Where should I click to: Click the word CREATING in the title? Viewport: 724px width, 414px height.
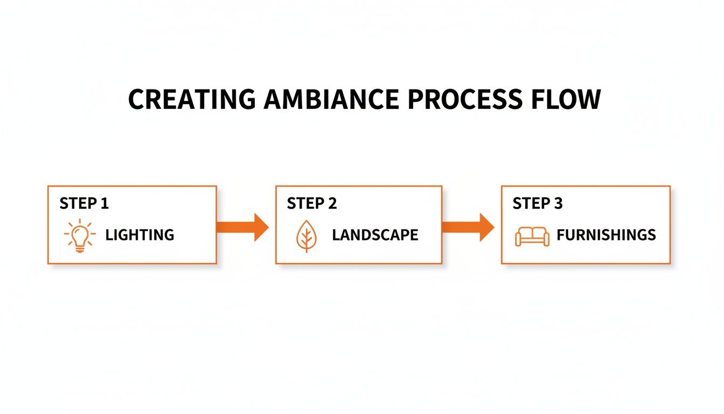(191, 100)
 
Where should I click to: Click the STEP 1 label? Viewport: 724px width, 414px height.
(84, 203)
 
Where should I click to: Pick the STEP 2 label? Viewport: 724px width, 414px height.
(312, 203)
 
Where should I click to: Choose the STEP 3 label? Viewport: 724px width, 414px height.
(538, 203)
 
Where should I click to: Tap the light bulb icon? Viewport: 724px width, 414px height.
(80, 236)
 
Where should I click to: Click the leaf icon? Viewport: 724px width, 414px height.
(305, 236)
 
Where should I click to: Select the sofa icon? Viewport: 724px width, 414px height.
(532, 236)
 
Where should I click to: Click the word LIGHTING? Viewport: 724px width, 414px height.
(140, 235)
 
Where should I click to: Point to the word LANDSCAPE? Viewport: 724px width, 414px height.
(375, 235)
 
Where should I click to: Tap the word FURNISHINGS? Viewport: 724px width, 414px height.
(606, 235)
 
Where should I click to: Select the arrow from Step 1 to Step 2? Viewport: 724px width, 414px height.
(242, 227)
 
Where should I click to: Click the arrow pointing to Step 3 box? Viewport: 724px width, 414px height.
(468, 227)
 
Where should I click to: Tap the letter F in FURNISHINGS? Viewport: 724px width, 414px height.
(560, 235)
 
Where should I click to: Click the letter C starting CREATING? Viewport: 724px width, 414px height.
(137, 100)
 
